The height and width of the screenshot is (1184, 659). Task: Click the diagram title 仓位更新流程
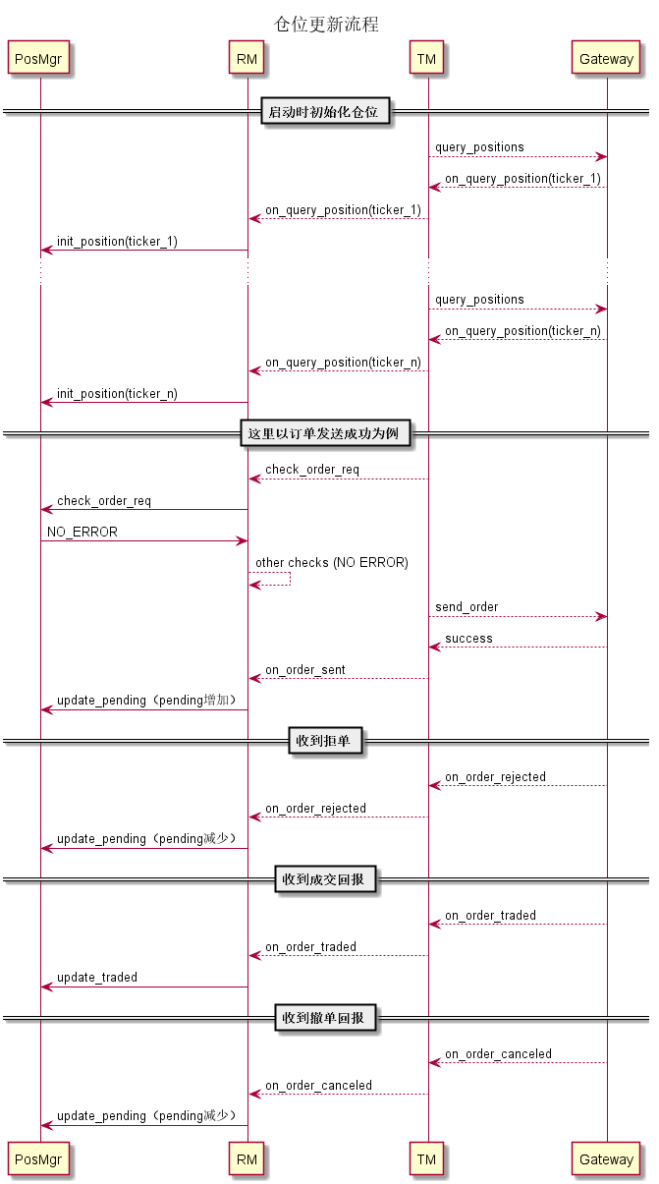(326, 25)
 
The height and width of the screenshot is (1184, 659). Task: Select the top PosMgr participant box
(40, 59)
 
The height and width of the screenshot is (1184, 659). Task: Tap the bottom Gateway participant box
(606, 1159)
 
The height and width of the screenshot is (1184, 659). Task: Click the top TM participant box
(426, 59)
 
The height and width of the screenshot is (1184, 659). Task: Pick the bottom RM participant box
(247, 1159)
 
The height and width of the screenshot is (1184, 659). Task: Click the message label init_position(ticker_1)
(117, 242)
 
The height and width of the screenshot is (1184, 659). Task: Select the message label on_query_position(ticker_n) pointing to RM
(343, 363)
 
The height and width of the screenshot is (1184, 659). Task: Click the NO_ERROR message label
(82, 533)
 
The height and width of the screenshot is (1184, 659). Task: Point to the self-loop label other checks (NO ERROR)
(332, 563)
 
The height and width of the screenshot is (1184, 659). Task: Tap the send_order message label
(467, 607)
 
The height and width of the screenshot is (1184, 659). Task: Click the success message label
(468, 639)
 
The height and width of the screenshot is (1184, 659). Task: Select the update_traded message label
(97, 978)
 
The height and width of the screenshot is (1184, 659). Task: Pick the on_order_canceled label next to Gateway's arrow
(498, 1054)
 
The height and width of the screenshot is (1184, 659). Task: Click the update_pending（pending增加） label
(146, 701)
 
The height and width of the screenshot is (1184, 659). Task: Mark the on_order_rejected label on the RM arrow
(315, 809)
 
